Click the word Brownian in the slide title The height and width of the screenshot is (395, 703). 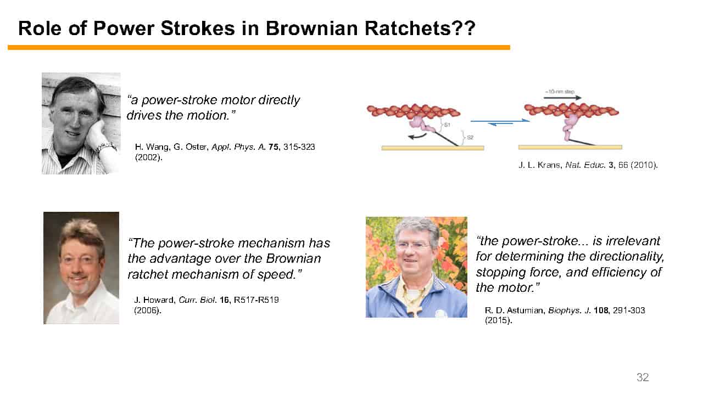tap(311, 28)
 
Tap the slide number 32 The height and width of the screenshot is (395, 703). tap(643, 377)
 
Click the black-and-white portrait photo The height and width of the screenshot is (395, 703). tap(81, 123)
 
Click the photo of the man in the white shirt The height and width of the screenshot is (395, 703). tap(81, 268)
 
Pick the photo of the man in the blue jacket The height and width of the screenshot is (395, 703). tap(416, 267)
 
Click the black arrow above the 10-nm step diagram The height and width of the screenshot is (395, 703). tap(562, 98)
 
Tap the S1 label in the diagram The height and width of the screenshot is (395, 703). tap(447, 125)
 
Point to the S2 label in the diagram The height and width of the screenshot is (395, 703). tap(470, 137)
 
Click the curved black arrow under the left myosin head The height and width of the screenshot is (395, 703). tap(417, 136)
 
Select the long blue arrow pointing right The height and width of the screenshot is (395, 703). tap(500, 120)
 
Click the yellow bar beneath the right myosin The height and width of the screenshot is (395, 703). tap(570, 147)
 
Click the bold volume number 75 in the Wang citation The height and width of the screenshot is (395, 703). tap(274, 146)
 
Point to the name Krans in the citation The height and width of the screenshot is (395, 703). tap(549, 165)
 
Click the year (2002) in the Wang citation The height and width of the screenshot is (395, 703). tap(149, 157)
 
